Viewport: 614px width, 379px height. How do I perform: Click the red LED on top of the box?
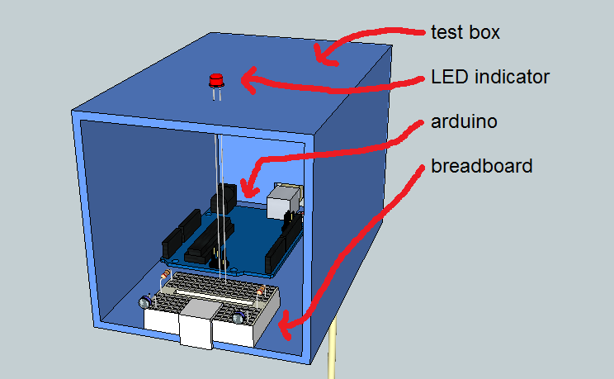[x=217, y=82]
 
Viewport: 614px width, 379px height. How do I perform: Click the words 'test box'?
[x=465, y=33]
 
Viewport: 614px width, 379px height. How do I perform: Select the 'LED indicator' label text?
[x=489, y=78]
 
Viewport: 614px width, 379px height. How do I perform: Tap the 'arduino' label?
[x=464, y=121]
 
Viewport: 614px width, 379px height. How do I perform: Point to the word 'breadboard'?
[x=482, y=166]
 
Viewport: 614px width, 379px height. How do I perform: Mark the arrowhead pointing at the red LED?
[x=247, y=80]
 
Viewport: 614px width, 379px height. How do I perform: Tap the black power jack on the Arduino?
[x=224, y=201]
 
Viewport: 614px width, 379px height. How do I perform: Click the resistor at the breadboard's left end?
[x=165, y=274]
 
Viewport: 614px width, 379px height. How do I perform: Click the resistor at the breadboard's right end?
[x=261, y=291]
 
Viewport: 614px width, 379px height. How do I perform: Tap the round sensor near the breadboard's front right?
[x=239, y=318]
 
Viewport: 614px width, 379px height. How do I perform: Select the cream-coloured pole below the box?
[x=334, y=351]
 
